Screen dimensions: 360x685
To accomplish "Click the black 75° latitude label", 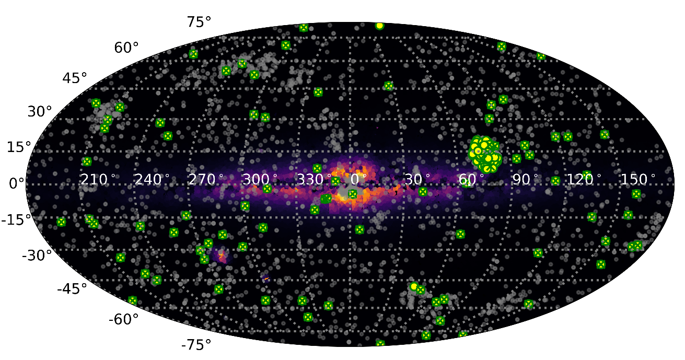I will [199, 21].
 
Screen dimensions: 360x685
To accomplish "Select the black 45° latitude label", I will [75, 78].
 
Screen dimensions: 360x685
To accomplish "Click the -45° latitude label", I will [72, 289].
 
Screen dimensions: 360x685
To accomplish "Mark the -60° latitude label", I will [123, 319].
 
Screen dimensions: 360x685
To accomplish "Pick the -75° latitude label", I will [196, 345].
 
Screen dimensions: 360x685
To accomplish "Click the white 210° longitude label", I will [98, 180].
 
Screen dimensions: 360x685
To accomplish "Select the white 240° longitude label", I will [152, 180].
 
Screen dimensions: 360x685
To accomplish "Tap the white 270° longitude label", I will [206, 180].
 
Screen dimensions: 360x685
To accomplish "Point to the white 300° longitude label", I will [260, 180].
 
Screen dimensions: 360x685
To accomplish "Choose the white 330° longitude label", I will [314, 180].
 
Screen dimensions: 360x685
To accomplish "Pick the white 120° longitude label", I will [581, 180].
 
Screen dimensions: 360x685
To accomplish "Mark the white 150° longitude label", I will [637, 180].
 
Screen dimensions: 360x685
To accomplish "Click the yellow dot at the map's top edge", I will [379, 26].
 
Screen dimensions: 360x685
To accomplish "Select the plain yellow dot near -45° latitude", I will [414, 286].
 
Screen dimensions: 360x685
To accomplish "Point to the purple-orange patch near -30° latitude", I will [222, 256].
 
